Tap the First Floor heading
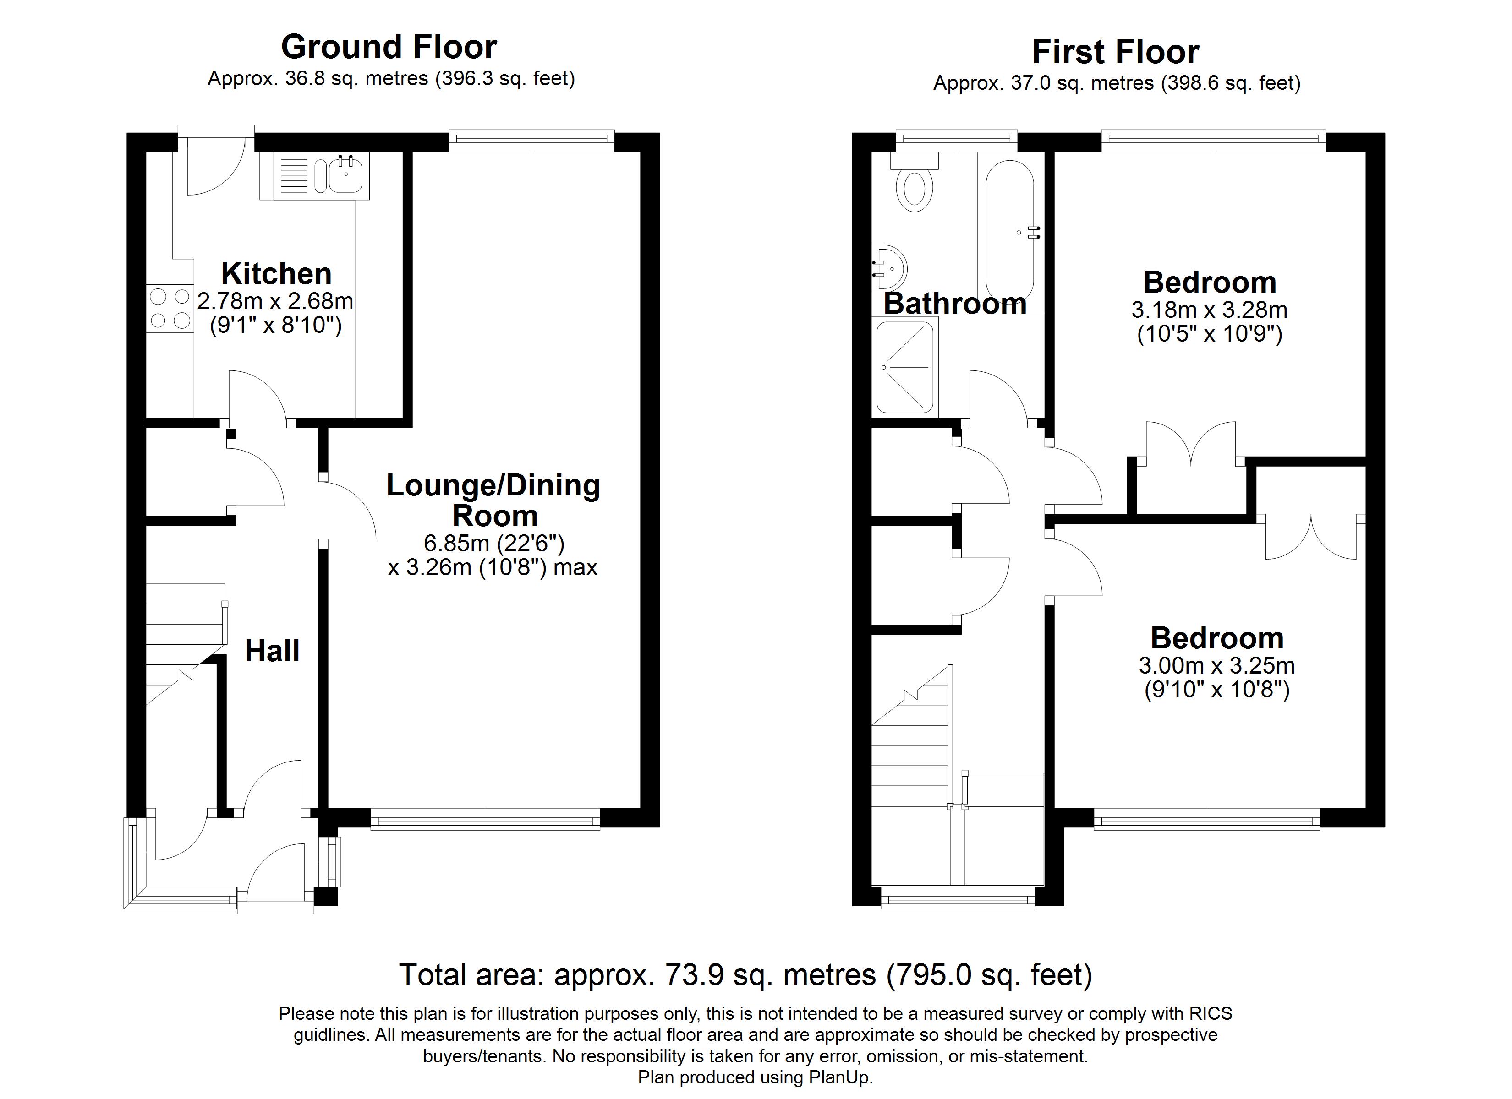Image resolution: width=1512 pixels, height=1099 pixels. [1115, 52]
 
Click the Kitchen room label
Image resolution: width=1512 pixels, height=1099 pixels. [276, 274]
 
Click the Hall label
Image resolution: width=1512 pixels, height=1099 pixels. [272, 651]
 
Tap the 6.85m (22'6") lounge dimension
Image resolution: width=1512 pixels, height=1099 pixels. [494, 543]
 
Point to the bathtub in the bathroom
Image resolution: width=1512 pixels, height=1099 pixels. [1009, 230]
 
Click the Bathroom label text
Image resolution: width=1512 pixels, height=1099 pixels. [955, 304]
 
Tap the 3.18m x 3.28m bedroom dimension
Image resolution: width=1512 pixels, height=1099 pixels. [1209, 310]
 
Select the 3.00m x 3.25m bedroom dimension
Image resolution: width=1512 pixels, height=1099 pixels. [1216, 666]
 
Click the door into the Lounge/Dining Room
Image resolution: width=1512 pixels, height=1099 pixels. [349, 510]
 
